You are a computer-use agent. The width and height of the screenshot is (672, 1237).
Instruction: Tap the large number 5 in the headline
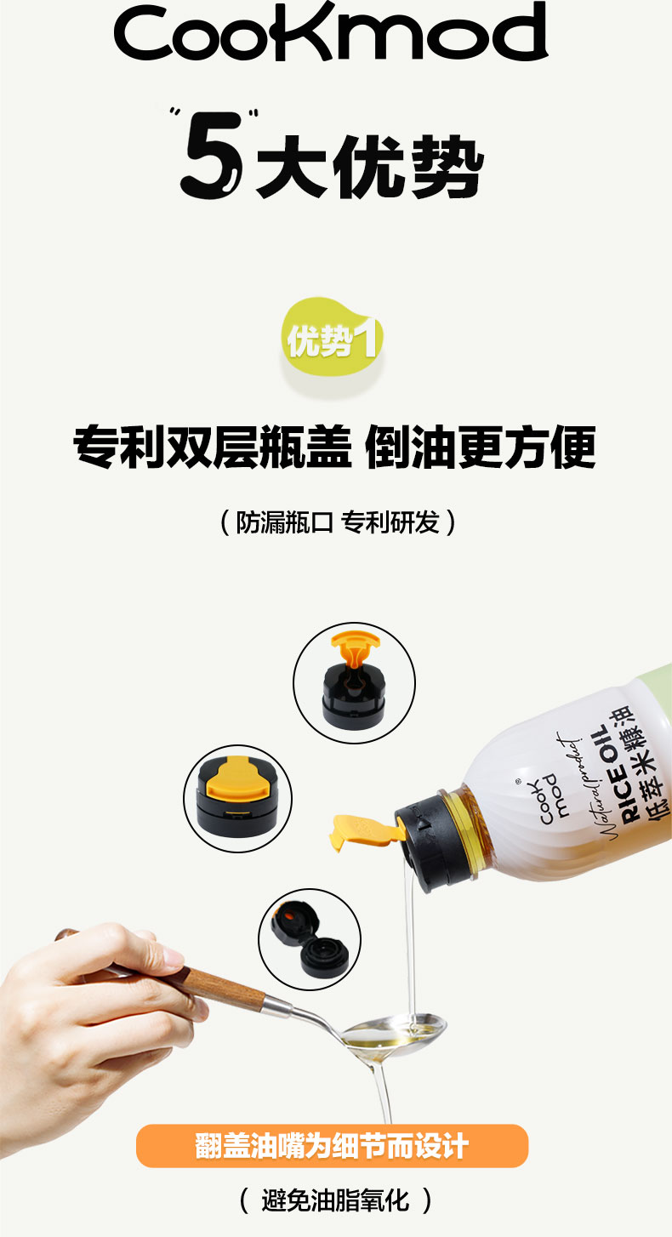(x=212, y=156)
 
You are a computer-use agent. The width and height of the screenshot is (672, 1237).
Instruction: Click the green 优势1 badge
(x=333, y=337)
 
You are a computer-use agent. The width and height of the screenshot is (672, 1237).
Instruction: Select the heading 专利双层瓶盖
(x=213, y=447)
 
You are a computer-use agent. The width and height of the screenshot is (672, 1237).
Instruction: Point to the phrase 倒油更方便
(x=481, y=447)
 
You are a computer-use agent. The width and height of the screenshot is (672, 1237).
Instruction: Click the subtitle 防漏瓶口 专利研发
(x=338, y=522)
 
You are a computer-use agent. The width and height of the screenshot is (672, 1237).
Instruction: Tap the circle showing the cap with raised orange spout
(x=354, y=682)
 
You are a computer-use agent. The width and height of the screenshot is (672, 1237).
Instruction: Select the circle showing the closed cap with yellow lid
(x=237, y=799)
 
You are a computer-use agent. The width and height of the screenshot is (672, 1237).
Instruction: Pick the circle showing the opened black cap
(x=310, y=939)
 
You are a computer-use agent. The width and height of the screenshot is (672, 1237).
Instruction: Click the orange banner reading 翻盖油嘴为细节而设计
(x=332, y=1146)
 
